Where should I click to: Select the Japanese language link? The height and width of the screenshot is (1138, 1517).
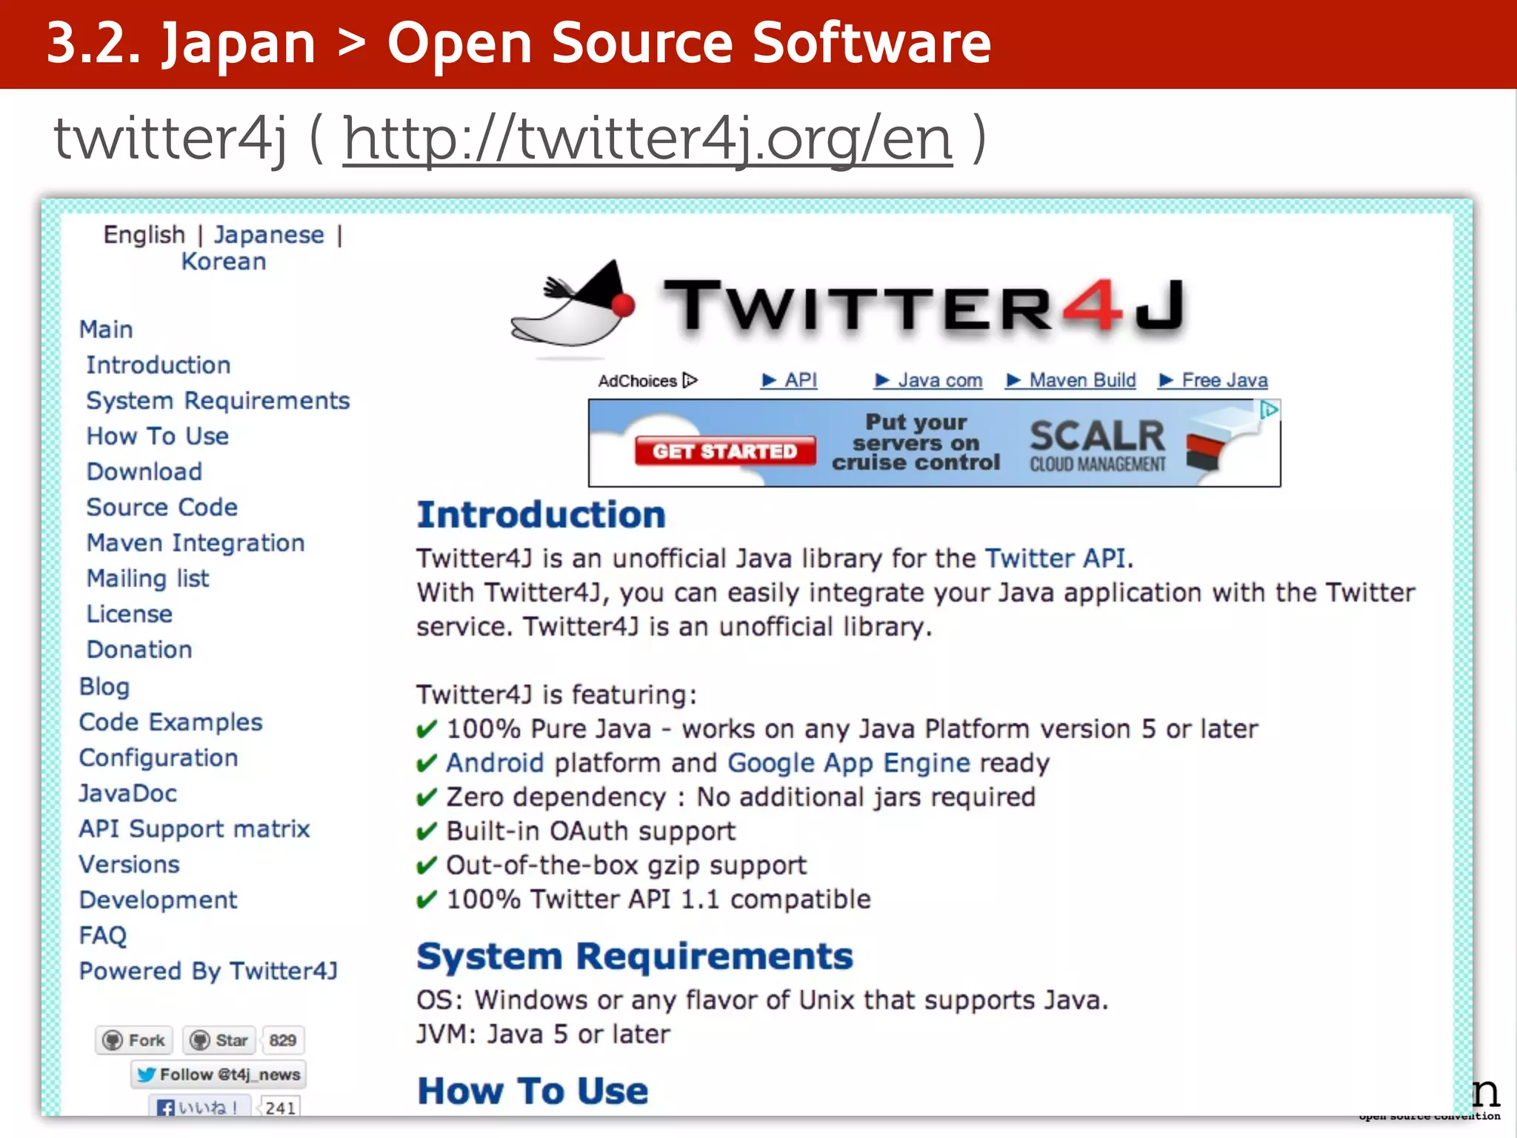(269, 235)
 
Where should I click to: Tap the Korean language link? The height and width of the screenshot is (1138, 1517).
(224, 262)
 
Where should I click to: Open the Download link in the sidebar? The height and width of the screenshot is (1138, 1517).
(144, 472)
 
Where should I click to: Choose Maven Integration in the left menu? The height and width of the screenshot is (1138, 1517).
(196, 543)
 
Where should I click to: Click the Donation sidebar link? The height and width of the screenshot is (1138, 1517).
(139, 650)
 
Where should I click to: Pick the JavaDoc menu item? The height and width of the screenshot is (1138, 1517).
(128, 793)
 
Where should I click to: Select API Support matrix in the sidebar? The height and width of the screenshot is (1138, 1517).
(194, 829)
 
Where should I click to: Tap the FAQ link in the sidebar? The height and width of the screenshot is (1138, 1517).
(103, 936)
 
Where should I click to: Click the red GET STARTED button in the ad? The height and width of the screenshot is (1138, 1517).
(724, 451)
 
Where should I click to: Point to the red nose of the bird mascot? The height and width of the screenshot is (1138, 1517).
(624, 305)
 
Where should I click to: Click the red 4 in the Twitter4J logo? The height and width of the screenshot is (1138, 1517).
(1093, 305)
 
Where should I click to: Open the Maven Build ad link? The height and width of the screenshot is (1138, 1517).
(1072, 381)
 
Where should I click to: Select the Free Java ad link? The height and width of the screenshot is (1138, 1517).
(1214, 381)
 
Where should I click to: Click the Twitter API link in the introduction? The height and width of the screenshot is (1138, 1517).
(1056, 558)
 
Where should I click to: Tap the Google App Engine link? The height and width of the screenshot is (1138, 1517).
(849, 763)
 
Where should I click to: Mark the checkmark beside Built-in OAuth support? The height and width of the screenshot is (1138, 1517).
(427, 832)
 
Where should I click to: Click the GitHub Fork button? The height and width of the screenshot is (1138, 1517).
(135, 1040)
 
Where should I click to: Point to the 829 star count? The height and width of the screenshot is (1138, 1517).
(283, 1040)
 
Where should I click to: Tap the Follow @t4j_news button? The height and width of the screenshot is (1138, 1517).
(219, 1074)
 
